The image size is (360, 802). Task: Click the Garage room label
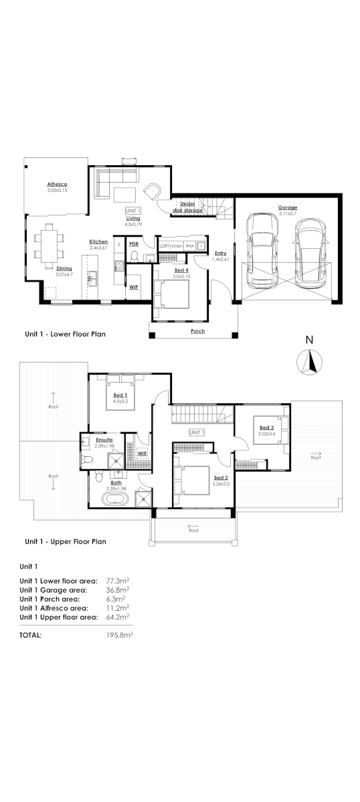click(x=288, y=207)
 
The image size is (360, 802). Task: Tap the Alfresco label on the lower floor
click(x=57, y=184)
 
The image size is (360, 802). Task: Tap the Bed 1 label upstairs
click(x=121, y=395)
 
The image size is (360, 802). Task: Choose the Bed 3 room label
click(x=266, y=427)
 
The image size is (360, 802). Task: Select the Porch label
click(x=197, y=331)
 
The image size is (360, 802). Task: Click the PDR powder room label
click(x=133, y=244)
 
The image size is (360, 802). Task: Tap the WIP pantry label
click(x=133, y=286)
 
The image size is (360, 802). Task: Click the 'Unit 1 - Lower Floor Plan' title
click(x=65, y=333)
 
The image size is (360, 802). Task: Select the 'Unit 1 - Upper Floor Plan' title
click(x=66, y=541)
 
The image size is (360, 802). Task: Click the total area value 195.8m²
click(x=120, y=635)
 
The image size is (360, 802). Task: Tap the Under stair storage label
click(x=187, y=207)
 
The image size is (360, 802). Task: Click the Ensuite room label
click(x=104, y=439)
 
